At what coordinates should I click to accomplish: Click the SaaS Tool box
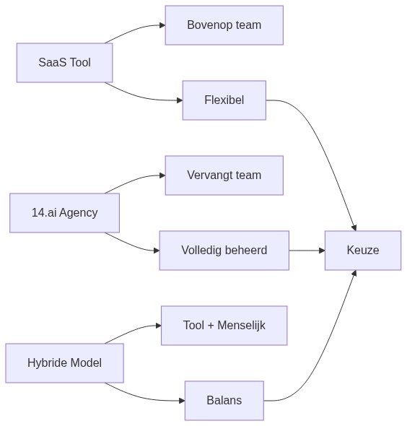[64, 63]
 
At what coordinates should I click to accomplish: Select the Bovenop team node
[224, 25]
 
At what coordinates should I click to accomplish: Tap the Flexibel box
[224, 100]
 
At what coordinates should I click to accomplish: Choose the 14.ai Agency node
[64, 213]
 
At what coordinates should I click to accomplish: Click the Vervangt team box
[224, 175]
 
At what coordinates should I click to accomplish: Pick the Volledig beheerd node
[224, 251]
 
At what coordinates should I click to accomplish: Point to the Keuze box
[362, 251]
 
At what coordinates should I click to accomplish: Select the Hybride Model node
[64, 363]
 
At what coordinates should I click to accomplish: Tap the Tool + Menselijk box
[224, 326]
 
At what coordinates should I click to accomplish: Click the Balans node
[224, 401]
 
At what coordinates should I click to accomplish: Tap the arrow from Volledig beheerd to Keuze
[307, 251]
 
